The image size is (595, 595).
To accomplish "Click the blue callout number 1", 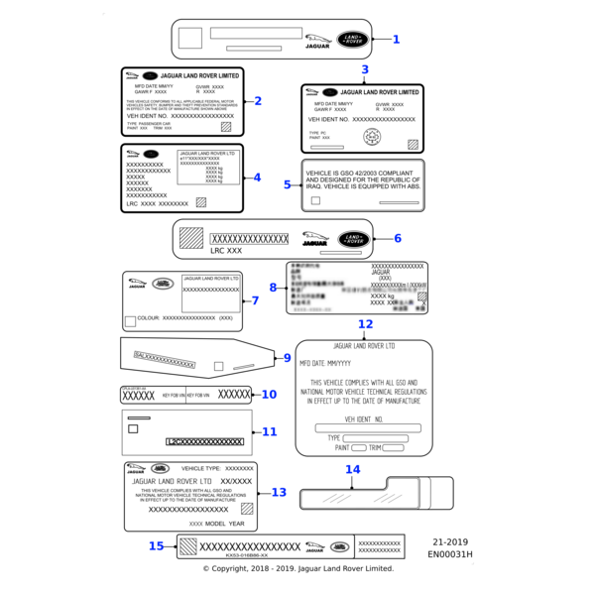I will pos(396,40).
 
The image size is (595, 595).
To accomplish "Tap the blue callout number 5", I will pos(288,184).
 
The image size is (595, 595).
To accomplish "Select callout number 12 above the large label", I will pos(365,324).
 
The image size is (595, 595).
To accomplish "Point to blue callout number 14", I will pos(352,469).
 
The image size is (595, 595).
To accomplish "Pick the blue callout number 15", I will pos(156,545).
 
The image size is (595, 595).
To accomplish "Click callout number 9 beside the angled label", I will pos(287,358).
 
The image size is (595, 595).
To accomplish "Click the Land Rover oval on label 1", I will pos(352,40).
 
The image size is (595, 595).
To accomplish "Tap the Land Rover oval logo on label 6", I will pos(352,239).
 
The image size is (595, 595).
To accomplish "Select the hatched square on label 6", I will pos(190,238).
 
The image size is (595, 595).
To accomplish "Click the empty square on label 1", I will pos(191,37).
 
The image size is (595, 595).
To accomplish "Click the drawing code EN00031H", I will pos(450,555).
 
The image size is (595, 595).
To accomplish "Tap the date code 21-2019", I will pos(450,542).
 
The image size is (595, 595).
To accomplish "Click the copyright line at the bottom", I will pos(297,569).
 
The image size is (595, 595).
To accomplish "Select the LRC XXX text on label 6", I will pos(226,252).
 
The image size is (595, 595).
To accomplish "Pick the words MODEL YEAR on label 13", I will pos(225,523).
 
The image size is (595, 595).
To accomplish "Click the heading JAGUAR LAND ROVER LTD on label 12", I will pos(364,346).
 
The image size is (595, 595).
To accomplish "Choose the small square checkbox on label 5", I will pos(315,200).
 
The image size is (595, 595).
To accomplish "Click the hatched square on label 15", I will pos(187,545).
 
